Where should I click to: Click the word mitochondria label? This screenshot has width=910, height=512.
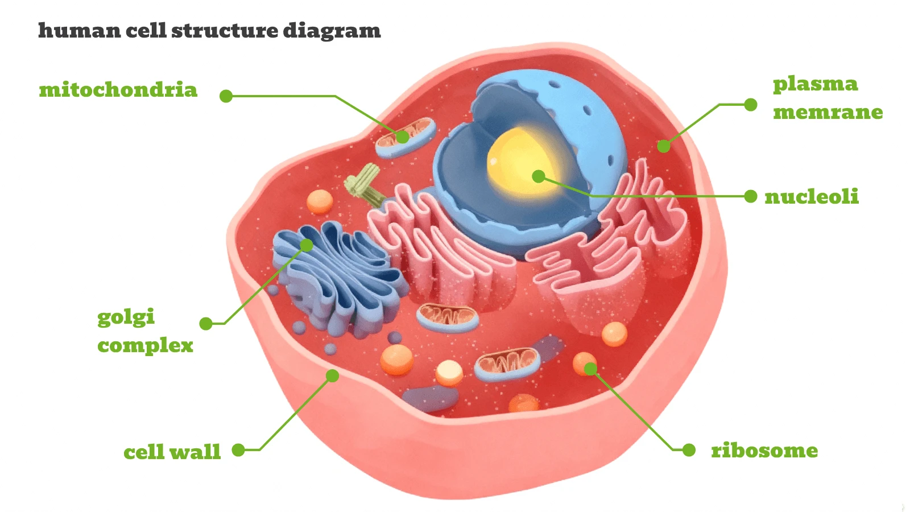coord(118,90)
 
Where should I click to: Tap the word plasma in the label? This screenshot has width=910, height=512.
coord(815,84)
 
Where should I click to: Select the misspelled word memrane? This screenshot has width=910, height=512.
coord(828,112)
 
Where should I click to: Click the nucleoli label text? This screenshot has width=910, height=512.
coord(811,197)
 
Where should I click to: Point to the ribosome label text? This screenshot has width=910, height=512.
coord(764,451)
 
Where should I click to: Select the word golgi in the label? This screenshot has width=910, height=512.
coord(126,317)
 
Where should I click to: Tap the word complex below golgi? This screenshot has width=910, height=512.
coord(145,345)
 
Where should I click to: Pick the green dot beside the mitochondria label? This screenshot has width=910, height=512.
coord(226,96)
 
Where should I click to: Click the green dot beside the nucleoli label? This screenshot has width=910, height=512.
coord(751,196)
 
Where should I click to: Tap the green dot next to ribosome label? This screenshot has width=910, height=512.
coord(689,450)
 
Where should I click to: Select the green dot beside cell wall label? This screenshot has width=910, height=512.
coord(238,450)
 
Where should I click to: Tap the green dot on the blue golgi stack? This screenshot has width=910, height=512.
coord(307,245)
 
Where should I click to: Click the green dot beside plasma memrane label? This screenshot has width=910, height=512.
coord(751,105)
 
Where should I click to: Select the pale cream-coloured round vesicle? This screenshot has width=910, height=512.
coord(449,373)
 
